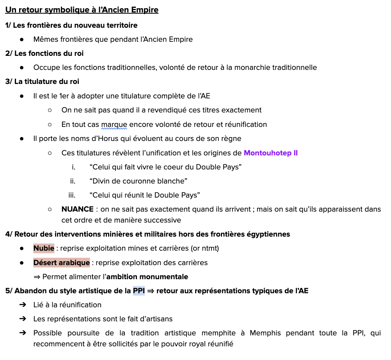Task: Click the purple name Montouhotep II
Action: click(270, 153)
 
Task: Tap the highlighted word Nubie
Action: click(44, 248)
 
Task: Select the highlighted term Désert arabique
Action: click(61, 263)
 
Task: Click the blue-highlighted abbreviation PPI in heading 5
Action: click(139, 291)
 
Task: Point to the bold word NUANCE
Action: click(77, 209)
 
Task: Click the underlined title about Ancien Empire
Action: click(82, 10)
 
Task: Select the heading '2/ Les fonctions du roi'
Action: click(44, 53)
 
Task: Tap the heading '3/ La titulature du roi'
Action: click(42, 82)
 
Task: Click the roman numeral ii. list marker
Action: click(73, 181)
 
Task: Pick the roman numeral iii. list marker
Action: click(72, 195)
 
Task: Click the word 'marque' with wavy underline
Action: click(114, 125)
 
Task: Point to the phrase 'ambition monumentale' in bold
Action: click(147, 277)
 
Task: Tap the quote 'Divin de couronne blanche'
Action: click(139, 181)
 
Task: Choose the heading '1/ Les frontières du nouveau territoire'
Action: click(71, 25)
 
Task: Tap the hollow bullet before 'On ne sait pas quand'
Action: click(50, 110)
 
